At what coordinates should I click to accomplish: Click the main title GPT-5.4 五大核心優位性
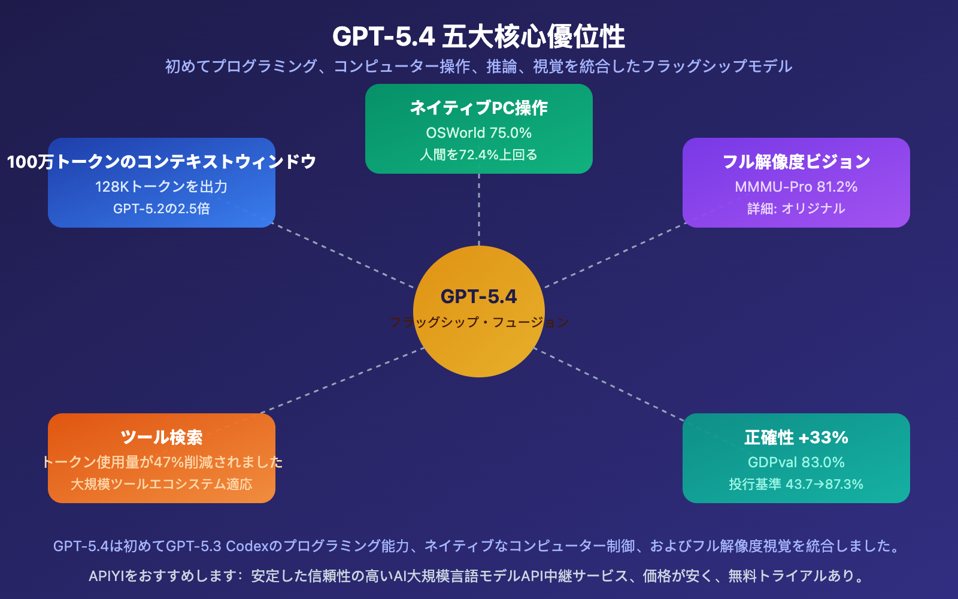(478, 37)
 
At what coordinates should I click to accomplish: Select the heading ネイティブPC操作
(479, 108)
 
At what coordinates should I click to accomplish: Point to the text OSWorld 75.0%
(479, 133)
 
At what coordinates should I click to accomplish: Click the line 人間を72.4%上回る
(479, 155)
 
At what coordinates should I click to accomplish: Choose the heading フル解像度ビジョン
(796, 162)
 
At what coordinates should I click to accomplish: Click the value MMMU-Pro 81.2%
(796, 187)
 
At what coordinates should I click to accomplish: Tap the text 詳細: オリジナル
(796, 208)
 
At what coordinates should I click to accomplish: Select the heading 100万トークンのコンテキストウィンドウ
(162, 162)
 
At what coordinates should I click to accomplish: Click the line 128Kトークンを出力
(162, 187)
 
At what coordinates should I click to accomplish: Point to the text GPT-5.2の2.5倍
(162, 208)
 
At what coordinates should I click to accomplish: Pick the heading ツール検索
(162, 437)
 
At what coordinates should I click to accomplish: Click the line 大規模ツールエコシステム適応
(162, 484)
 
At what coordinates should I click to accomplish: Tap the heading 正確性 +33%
(796, 437)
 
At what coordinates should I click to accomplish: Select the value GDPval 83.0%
(796, 462)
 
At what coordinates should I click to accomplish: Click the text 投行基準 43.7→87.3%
(796, 484)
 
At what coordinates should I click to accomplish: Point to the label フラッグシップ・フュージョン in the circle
(479, 322)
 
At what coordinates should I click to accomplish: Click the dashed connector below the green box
(479, 210)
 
